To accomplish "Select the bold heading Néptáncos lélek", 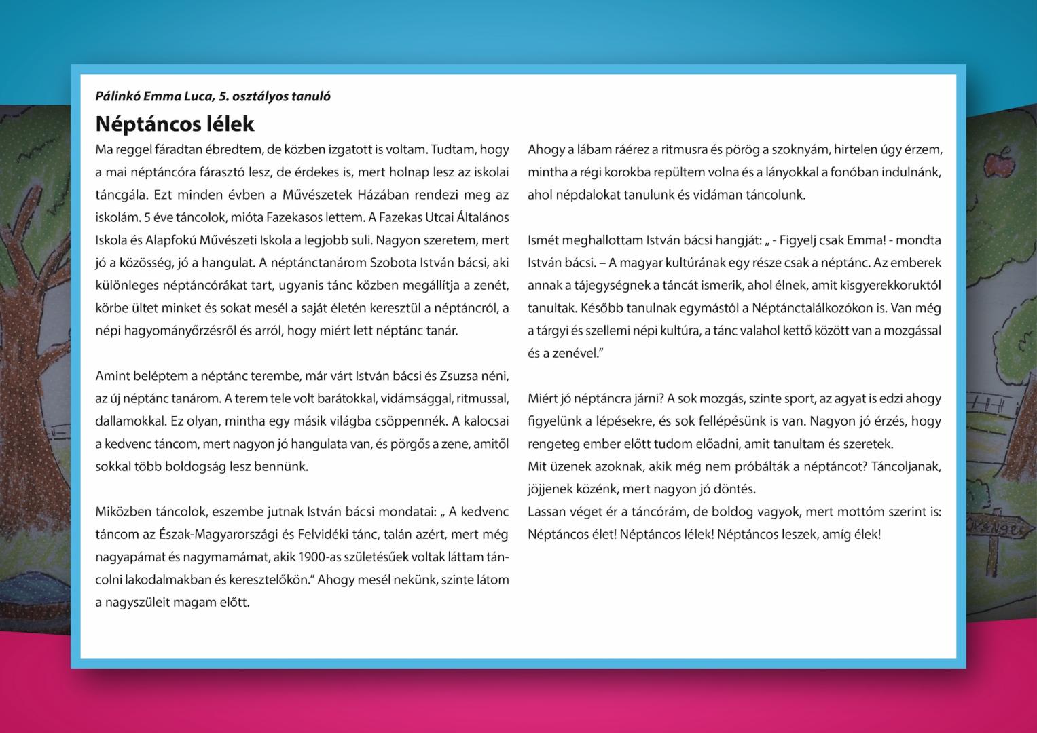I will tap(175, 124).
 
